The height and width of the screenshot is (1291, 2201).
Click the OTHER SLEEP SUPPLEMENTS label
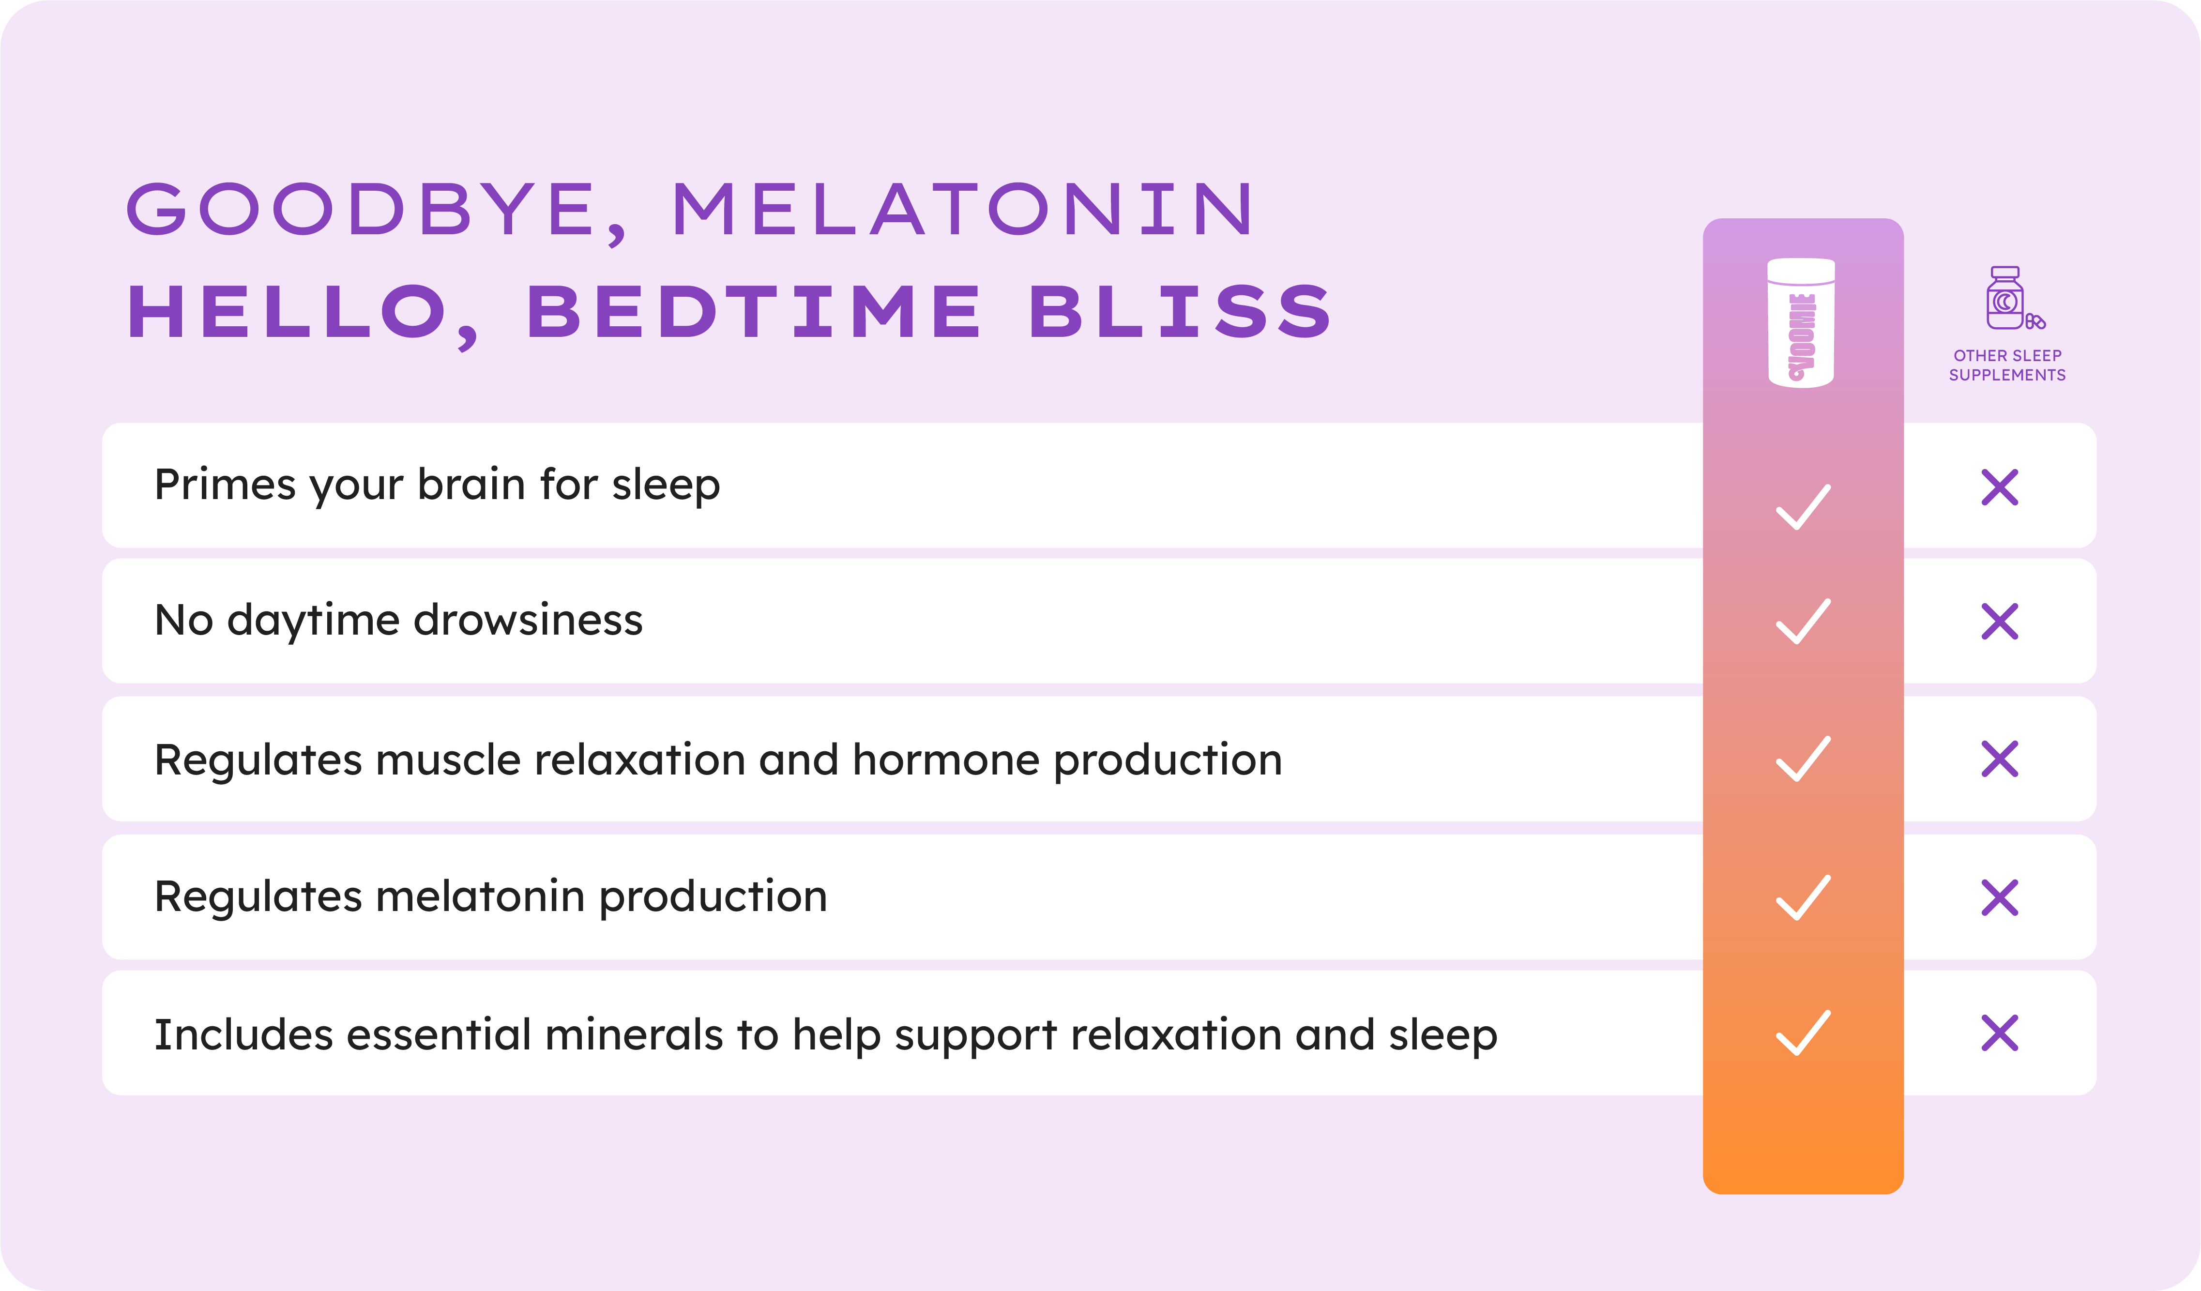pos(2007,365)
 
